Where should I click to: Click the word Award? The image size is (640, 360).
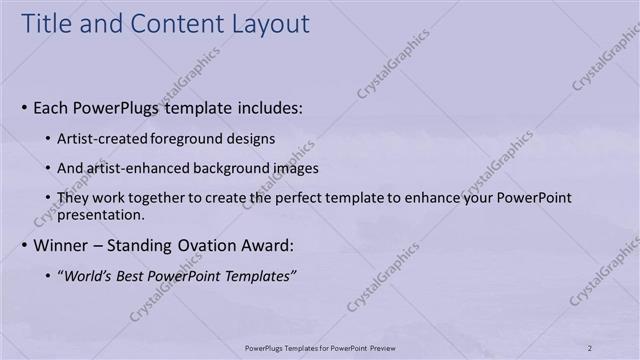(268, 245)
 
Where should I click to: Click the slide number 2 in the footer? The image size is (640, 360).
(590, 347)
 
